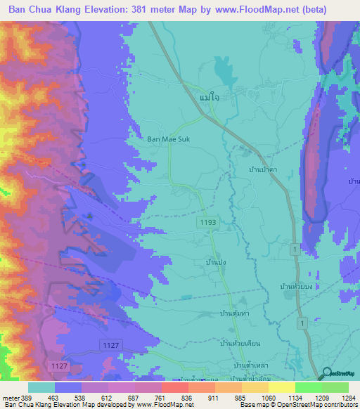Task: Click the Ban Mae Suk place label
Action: [x=168, y=139]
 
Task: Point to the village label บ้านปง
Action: [x=215, y=261]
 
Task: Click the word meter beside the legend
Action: [x=11, y=397]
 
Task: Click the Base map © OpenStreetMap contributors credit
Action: [x=297, y=405]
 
